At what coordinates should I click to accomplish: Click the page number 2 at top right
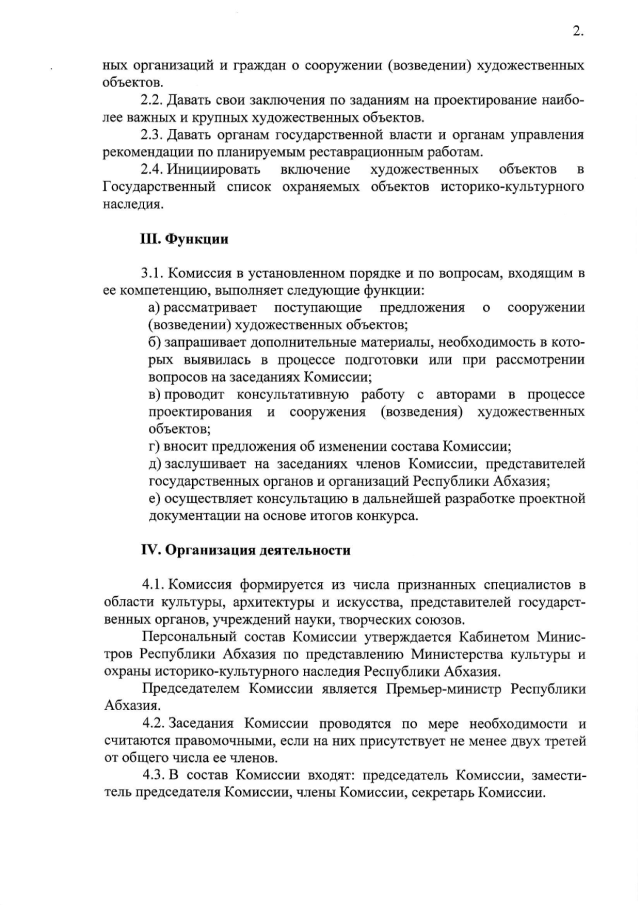click(x=577, y=31)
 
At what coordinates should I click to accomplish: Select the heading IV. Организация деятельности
click(x=245, y=549)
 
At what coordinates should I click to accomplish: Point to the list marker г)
click(x=154, y=446)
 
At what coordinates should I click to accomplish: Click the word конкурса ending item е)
click(x=385, y=516)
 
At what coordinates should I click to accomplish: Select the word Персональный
click(x=192, y=636)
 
